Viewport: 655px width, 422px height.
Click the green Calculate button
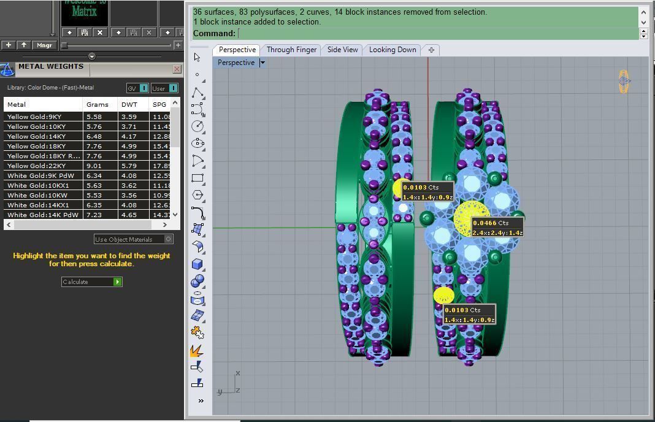[x=117, y=282]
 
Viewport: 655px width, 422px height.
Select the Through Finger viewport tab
[x=291, y=50]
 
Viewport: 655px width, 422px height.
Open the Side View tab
[x=342, y=50]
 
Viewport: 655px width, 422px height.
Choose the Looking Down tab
[x=393, y=50]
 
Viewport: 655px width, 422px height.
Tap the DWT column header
[x=129, y=104]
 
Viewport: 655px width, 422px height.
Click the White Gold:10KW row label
[x=36, y=195]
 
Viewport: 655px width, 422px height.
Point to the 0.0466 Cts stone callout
[x=497, y=228]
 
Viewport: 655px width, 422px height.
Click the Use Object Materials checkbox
[x=169, y=239]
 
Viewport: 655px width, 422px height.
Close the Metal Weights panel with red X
[x=177, y=69]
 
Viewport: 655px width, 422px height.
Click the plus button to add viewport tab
[x=431, y=50]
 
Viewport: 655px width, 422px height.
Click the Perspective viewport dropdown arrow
[x=262, y=63]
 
